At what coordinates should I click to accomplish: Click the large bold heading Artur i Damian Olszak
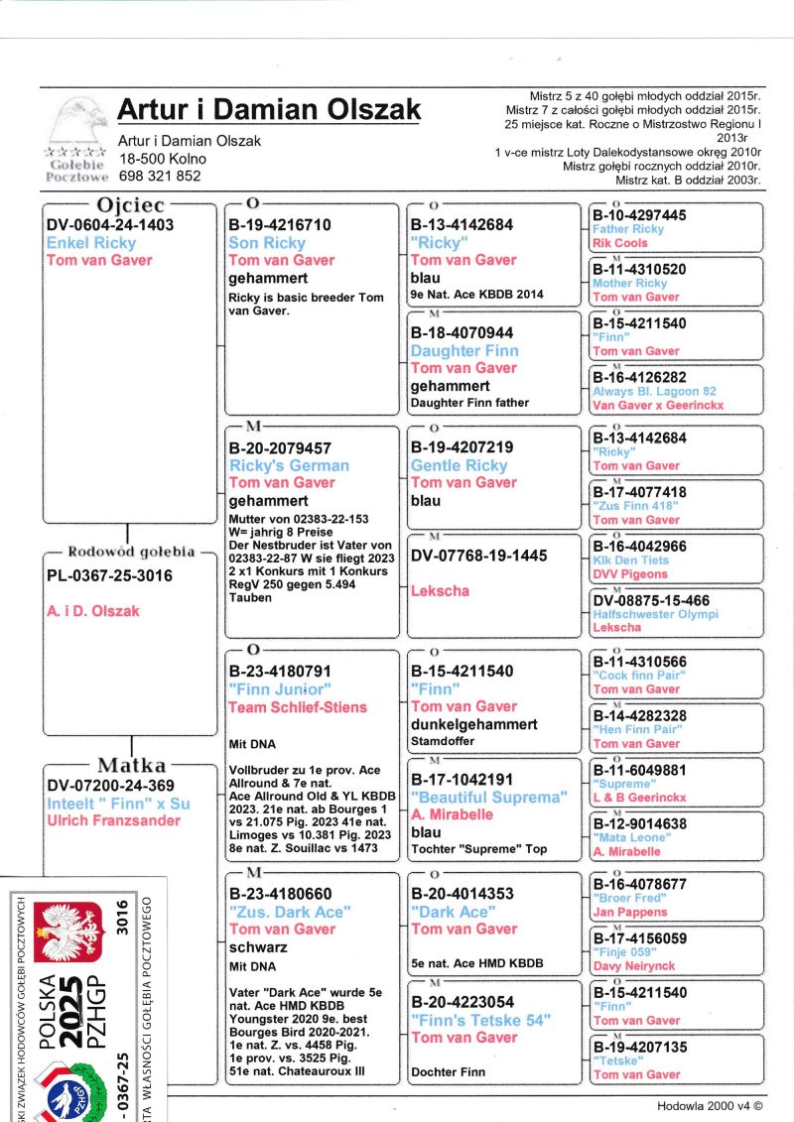click(x=268, y=109)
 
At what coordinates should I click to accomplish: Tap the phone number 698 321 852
click(x=159, y=176)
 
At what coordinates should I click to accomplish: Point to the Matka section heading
click(x=132, y=766)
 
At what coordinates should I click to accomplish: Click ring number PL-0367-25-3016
click(x=109, y=575)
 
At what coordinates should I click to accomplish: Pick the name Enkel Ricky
click(x=91, y=243)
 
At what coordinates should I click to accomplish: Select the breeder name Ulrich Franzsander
click(x=113, y=820)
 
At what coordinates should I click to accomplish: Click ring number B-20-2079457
click(x=280, y=448)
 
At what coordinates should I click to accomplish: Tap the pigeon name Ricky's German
click(x=289, y=465)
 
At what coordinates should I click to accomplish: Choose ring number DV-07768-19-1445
click(x=478, y=556)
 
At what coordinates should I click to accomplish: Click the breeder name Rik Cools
click(x=619, y=243)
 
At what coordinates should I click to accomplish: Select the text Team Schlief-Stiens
click(x=298, y=707)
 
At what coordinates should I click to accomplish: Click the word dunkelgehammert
click(x=474, y=724)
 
